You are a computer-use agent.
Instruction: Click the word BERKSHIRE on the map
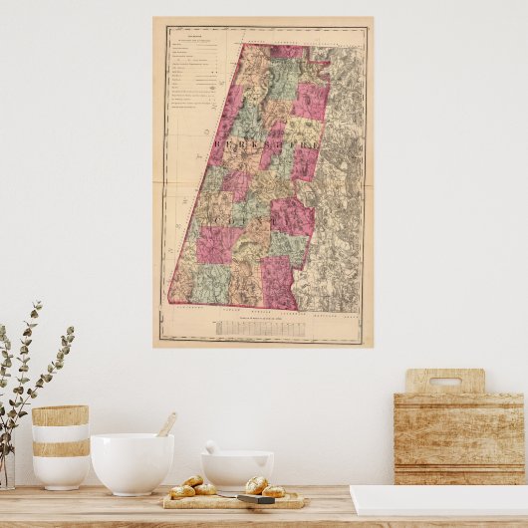coord(264,150)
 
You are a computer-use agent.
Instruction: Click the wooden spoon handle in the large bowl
coord(166,424)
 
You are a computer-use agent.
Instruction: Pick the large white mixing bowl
coord(132,462)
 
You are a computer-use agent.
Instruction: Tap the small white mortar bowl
coord(237,469)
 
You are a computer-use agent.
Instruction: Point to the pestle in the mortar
coord(212,447)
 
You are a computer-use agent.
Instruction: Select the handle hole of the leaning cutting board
coord(445,382)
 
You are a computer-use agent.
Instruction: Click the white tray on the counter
coord(438,499)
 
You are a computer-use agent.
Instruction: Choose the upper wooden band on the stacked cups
coord(60,415)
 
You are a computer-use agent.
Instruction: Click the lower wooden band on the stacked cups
coord(60,448)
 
